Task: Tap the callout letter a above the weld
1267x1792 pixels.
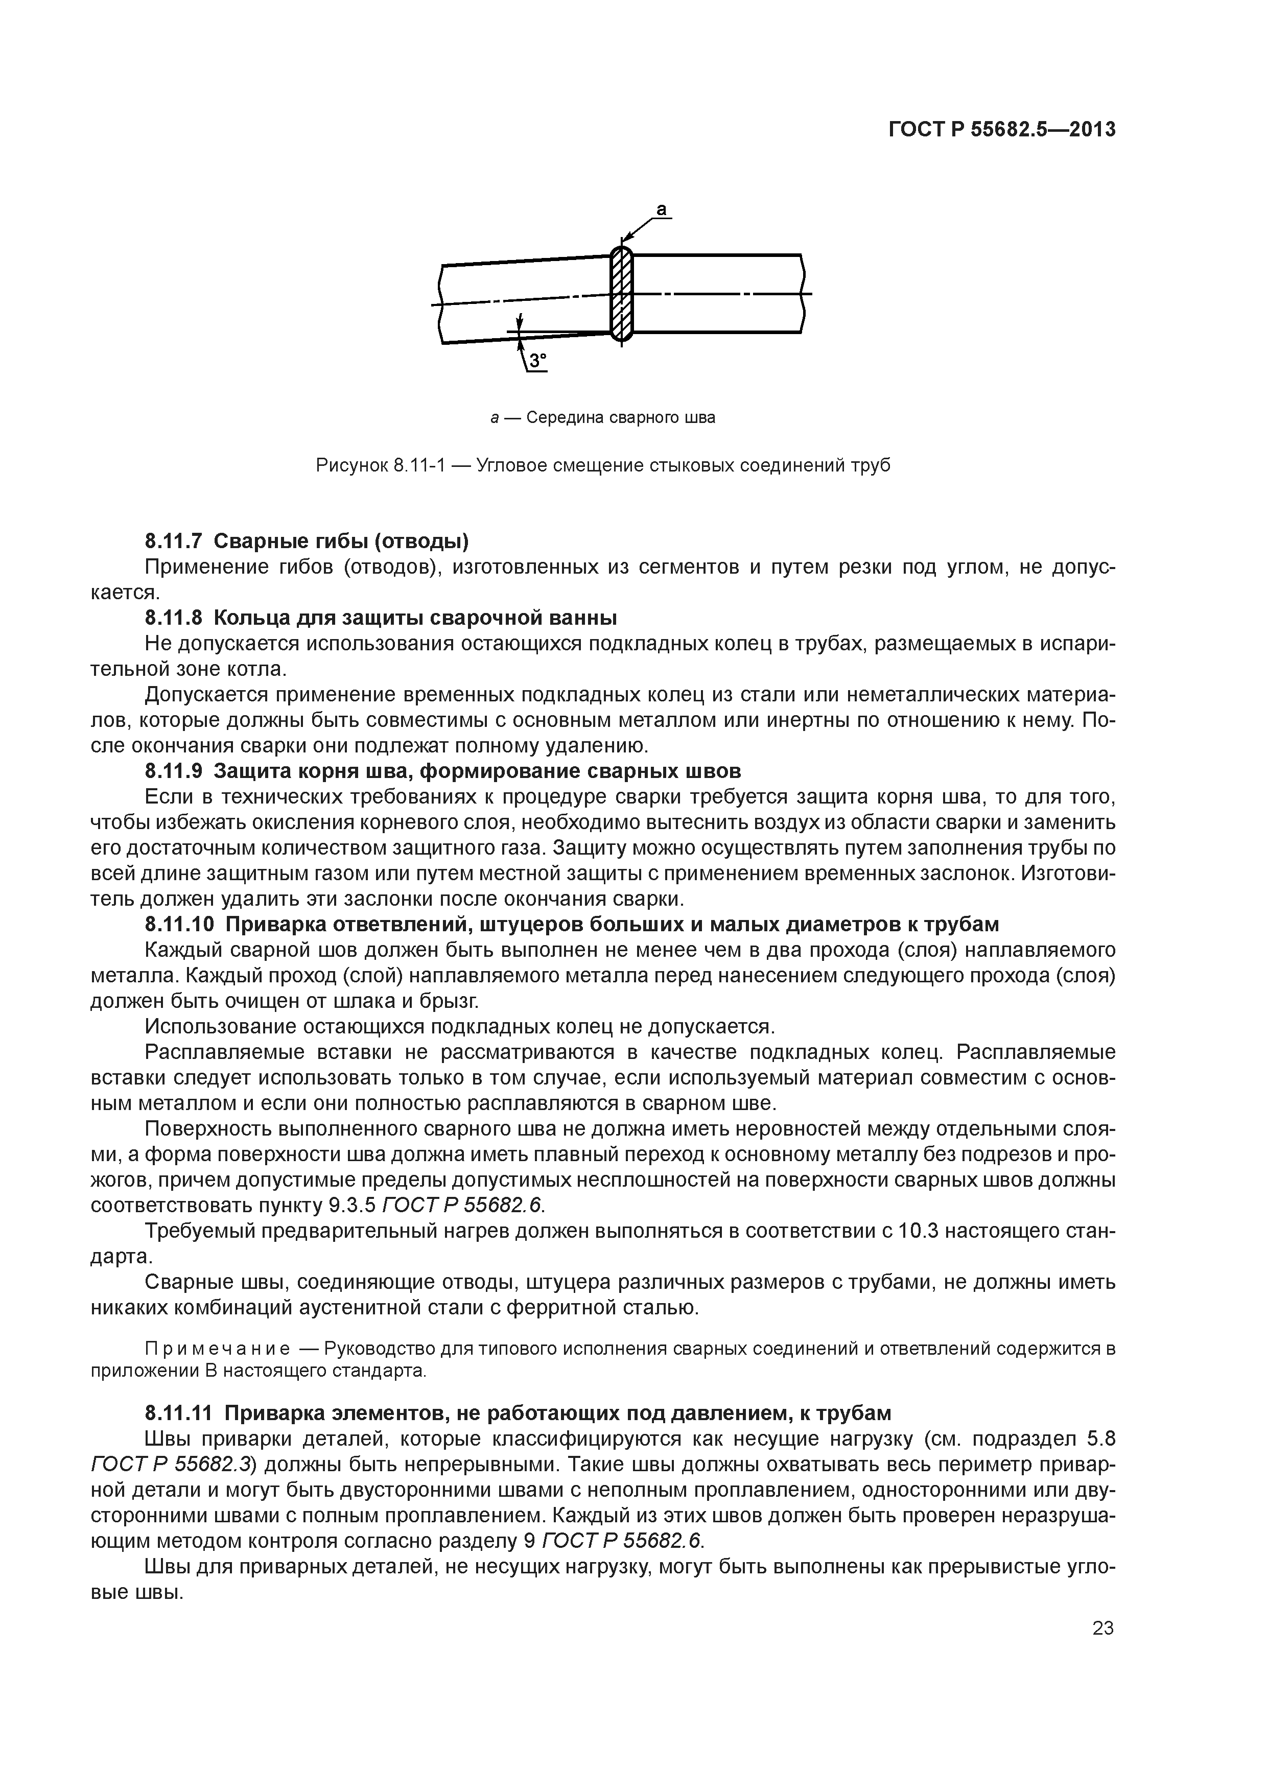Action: click(x=661, y=209)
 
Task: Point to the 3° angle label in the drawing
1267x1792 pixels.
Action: click(x=538, y=361)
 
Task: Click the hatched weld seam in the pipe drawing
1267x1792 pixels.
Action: click(x=621, y=293)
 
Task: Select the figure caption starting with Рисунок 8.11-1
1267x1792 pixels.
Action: click(x=603, y=466)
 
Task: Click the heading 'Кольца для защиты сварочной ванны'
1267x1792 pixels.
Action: click(x=414, y=618)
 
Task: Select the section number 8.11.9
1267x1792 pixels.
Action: click(x=173, y=771)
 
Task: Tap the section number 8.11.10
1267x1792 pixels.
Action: click(x=179, y=925)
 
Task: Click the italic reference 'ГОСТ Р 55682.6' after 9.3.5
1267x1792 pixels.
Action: click(x=461, y=1206)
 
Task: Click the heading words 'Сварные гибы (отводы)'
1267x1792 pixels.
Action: click(x=341, y=541)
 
